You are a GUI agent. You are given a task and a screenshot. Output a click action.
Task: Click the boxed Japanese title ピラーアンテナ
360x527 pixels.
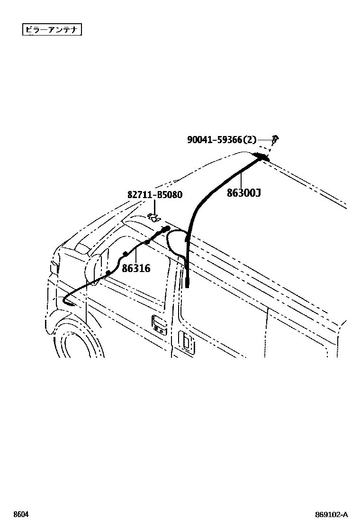(52, 30)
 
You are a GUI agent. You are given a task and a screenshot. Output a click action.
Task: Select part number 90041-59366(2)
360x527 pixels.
(222, 139)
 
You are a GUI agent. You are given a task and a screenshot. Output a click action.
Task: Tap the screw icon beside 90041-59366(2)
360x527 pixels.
(276, 139)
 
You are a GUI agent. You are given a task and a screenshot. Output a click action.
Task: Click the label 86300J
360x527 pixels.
(243, 193)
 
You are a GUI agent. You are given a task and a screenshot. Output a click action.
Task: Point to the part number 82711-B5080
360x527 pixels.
(154, 195)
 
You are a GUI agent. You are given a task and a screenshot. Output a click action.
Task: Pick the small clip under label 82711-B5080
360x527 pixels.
(154, 218)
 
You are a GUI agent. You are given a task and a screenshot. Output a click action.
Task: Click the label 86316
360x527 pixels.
(136, 268)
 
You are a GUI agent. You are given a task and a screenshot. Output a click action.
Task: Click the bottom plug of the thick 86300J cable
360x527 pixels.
(188, 283)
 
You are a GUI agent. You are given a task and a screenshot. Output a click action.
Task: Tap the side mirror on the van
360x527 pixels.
(93, 268)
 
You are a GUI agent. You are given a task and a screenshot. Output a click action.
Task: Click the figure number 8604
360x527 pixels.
(20, 514)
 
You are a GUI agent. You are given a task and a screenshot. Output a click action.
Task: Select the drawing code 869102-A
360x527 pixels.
(332, 514)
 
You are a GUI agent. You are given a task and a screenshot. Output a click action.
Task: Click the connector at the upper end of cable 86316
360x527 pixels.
(165, 229)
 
